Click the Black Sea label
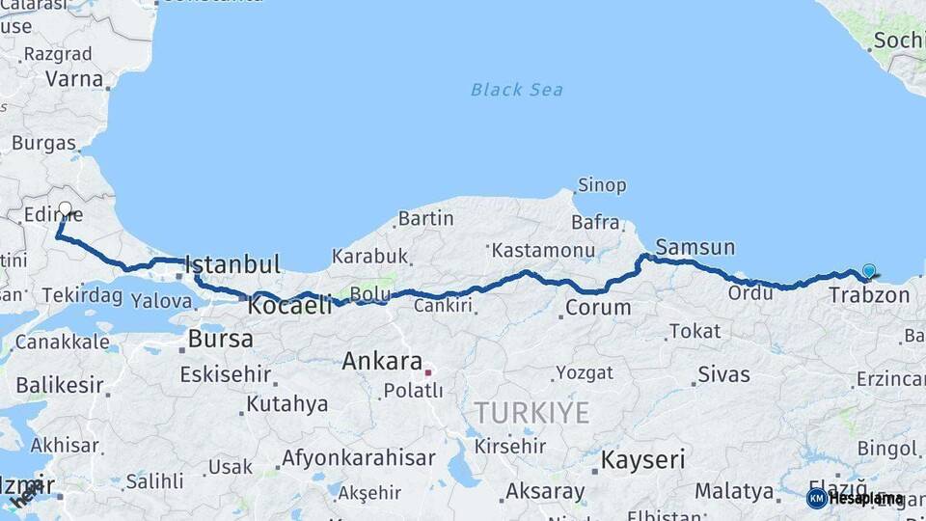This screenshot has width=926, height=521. [x=516, y=90]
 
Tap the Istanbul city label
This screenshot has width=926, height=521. [x=232, y=263]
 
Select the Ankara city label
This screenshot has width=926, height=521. [x=382, y=362]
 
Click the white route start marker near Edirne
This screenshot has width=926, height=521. [x=65, y=208]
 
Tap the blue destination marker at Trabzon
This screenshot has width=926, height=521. [x=869, y=271]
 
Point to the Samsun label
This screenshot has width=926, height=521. [x=694, y=247]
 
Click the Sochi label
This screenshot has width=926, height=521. [x=898, y=41]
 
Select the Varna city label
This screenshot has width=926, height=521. [x=73, y=79]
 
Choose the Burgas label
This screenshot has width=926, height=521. [x=43, y=143]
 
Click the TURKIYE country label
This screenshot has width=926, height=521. [x=531, y=413]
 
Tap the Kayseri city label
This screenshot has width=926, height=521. [x=642, y=459]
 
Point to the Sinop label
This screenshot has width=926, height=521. [x=602, y=184]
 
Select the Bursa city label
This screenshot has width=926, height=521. [x=221, y=339]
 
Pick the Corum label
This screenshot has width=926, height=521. [x=597, y=309]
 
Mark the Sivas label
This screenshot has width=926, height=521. [x=723, y=374]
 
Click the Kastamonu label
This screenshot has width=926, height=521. [x=543, y=250]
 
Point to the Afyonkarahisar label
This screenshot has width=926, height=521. [x=358, y=457]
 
